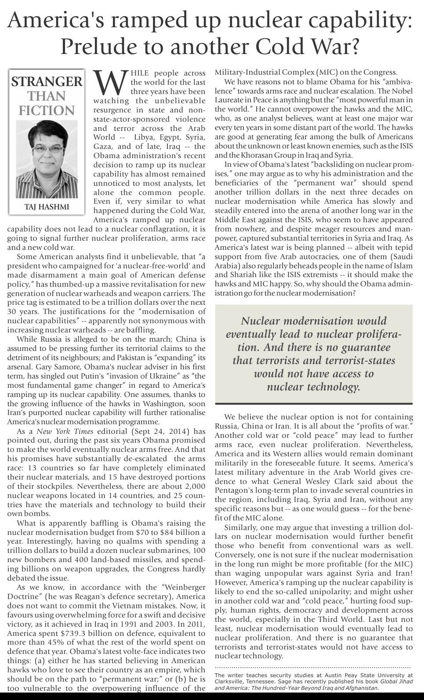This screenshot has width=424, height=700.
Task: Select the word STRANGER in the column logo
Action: [47, 82]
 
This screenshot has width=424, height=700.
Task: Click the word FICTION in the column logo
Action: [47, 110]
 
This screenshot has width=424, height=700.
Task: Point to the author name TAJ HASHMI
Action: [47, 207]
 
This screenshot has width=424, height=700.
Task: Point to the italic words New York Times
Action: [65, 431]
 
